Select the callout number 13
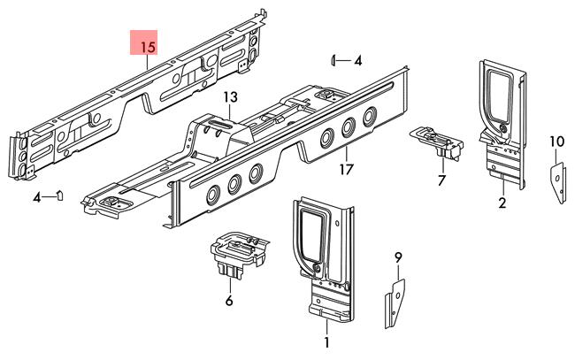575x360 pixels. click(x=230, y=97)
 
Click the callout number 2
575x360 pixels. click(x=502, y=204)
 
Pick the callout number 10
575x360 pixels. click(x=556, y=142)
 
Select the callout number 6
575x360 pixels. click(x=228, y=300)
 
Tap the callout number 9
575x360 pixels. click(x=398, y=257)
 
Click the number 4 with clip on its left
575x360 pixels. click(x=357, y=61)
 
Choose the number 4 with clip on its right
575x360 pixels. click(x=38, y=197)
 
